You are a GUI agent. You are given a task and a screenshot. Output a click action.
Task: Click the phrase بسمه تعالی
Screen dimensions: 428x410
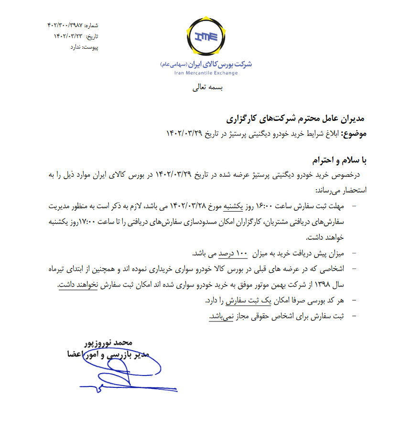pos(207,88)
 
